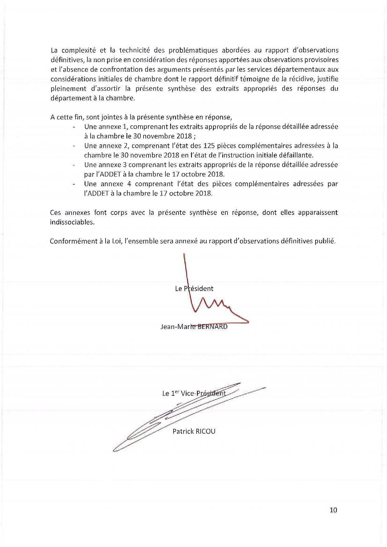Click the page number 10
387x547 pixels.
tap(333, 510)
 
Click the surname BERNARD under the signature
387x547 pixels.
tap(211, 327)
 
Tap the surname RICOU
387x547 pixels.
tap(205, 432)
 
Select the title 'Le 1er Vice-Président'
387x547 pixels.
tap(193, 393)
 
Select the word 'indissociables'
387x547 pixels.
tap(72, 223)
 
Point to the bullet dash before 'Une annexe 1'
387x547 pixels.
tap(74, 127)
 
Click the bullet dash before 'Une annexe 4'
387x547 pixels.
tap(74, 184)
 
